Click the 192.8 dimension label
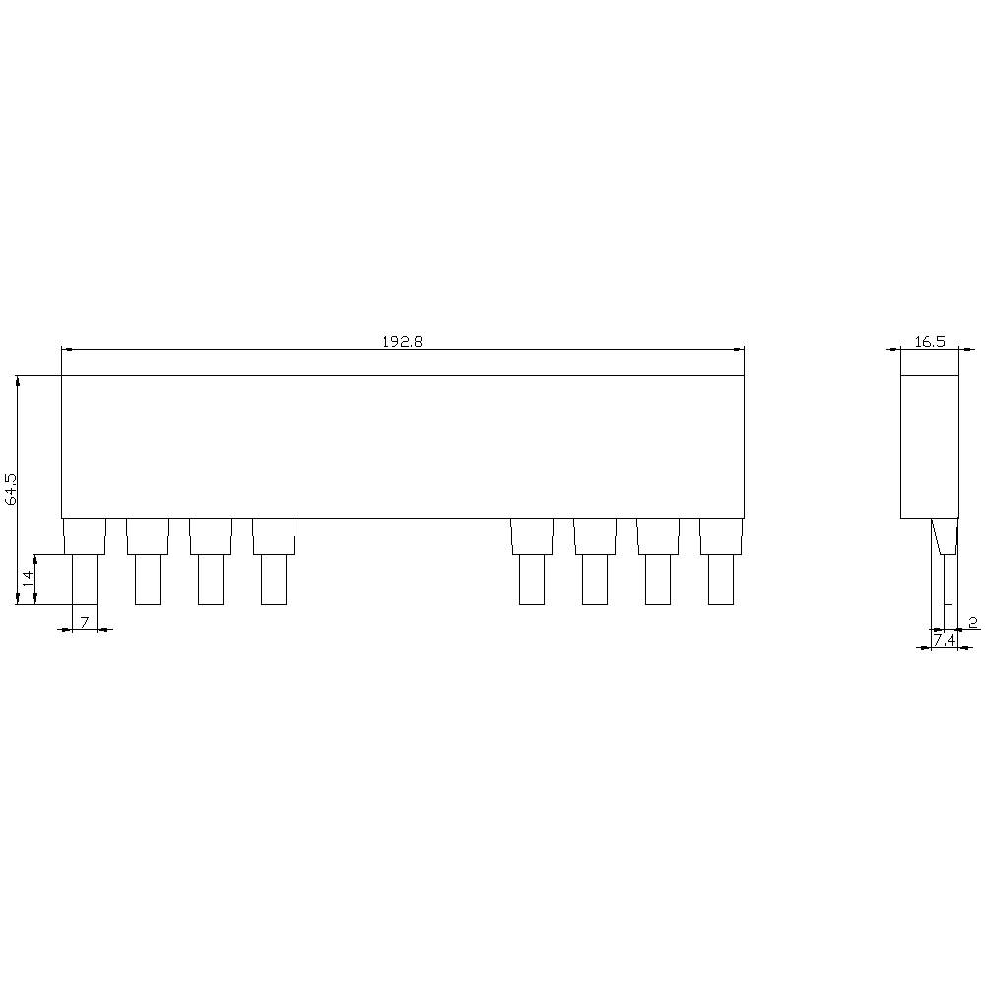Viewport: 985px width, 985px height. click(402, 342)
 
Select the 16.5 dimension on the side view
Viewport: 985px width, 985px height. click(929, 342)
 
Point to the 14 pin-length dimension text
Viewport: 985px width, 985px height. click(28, 578)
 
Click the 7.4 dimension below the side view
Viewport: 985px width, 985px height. click(944, 640)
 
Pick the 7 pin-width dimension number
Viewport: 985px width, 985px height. click(85, 622)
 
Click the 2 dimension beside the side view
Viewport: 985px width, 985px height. click(972, 622)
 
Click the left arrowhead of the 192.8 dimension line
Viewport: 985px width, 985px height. click(66, 349)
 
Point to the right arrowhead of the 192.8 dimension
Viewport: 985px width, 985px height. click(739, 349)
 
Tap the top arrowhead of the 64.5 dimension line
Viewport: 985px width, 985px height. click(18, 379)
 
